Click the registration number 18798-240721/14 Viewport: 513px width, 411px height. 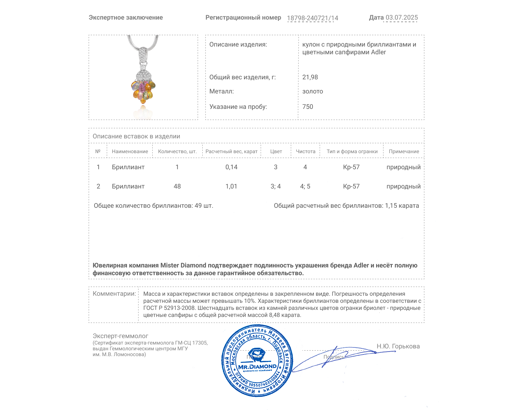[x=313, y=18]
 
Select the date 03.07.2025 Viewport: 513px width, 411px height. [x=402, y=17]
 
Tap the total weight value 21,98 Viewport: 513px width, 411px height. [x=310, y=77]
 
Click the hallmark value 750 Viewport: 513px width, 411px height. [x=307, y=107]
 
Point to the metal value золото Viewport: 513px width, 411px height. [x=313, y=91]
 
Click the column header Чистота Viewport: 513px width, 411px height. [x=306, y=151]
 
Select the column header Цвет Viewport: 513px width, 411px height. [x=276, y=151]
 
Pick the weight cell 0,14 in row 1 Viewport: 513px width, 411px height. [x=231, y=167]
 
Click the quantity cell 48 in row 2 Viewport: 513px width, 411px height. [x=177, y=186]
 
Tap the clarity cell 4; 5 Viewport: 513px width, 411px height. [x=305, y=186]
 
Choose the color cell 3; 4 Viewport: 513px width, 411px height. [x=276, y=186]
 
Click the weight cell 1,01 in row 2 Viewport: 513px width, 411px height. [x=231, y=186]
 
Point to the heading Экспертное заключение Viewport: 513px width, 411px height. [x=126, y=17]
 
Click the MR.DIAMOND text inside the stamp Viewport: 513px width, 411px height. [x=257, y=367]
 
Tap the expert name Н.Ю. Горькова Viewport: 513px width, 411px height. [x=398, y=346]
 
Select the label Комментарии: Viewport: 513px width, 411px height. [x=114, y=293]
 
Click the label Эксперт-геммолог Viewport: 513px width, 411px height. [x=121, y=336]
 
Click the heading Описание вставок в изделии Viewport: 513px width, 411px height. [x=136, y=136]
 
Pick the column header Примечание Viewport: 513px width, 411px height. [x=404, y=151]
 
